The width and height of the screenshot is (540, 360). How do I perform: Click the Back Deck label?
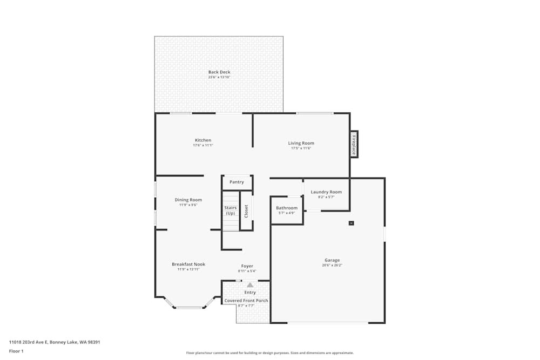pos(219,72)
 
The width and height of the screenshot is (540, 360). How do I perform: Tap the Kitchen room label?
pos(203,140)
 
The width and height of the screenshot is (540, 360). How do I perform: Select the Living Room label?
pos(301,143)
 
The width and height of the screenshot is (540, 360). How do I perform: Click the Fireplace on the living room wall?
pos(354,144)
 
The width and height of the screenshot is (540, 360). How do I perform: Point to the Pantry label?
pos(237,182)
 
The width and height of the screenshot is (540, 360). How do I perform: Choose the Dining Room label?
pos(188,200)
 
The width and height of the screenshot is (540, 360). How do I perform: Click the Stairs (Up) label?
pos(231,210)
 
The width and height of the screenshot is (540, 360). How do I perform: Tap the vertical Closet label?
pos(246,211)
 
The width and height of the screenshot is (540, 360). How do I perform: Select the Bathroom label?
pos(286,208)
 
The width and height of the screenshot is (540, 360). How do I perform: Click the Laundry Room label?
pos(326,192)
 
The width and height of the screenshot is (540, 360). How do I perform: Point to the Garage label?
pos(332,260)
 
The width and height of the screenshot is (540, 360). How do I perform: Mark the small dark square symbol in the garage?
pos(351,222)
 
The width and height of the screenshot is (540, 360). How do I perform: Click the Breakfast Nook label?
pos(188,264)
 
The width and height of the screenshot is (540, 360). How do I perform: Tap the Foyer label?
pos(247,266)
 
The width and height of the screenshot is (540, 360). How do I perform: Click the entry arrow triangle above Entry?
pos(250,284)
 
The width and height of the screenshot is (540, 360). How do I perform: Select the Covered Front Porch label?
pos(246,301)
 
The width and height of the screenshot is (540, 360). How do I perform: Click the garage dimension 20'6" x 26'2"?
pos(332,265)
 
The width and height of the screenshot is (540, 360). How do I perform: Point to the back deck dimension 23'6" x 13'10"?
pos(219,77)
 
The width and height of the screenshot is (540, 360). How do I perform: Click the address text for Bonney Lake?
pos(55,342)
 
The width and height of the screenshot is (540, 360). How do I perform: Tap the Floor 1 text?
pos(16,351)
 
